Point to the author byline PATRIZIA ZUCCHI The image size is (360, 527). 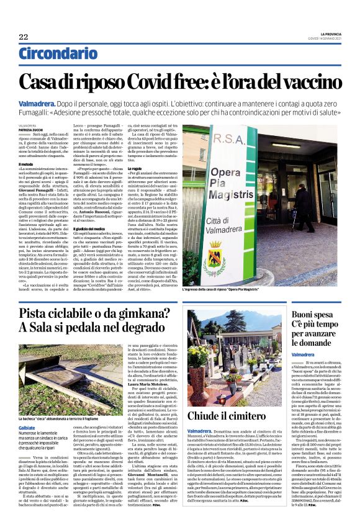48,129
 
